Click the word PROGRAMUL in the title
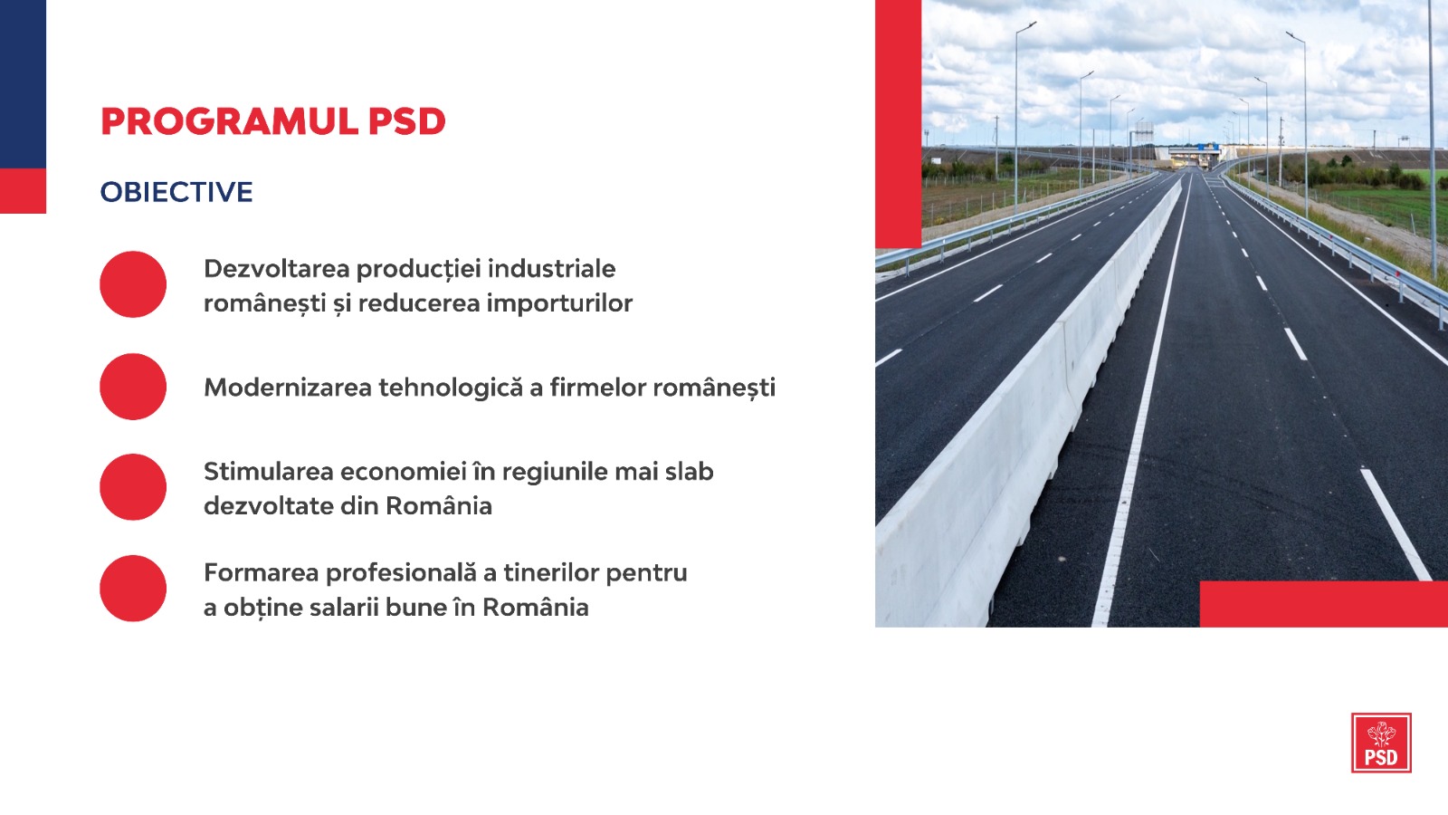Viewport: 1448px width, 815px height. tap(230, 121)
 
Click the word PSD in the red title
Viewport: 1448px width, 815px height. tap(407, 121)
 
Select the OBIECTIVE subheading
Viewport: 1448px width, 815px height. tap(176, 192)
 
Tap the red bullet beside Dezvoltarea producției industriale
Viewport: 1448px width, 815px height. tap(133, 284)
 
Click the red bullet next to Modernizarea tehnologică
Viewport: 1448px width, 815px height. tap(133, 387)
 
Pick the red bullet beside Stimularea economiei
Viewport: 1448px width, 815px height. tap(133, 487)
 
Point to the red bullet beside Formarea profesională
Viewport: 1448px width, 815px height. tap(133, 589)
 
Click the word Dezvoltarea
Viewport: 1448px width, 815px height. tap(277, 268)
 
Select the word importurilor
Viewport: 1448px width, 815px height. tap(560, 302)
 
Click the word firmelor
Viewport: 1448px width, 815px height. tap(598, 388)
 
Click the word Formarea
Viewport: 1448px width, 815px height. tap(262, 573)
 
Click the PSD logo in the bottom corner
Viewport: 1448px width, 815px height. tap(1381, 743)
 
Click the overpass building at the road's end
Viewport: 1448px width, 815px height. tap(1188, 156)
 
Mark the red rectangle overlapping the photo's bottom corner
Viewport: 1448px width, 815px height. tap(1324, 604)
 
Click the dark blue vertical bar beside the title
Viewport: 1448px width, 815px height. tap(23, 84)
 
